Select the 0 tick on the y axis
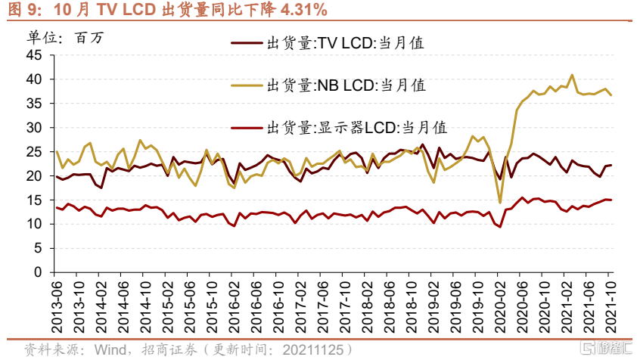pos(39,272)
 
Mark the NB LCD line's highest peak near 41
pos(572,75)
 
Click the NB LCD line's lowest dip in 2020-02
pos(500,202)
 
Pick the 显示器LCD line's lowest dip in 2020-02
pos(500,227)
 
